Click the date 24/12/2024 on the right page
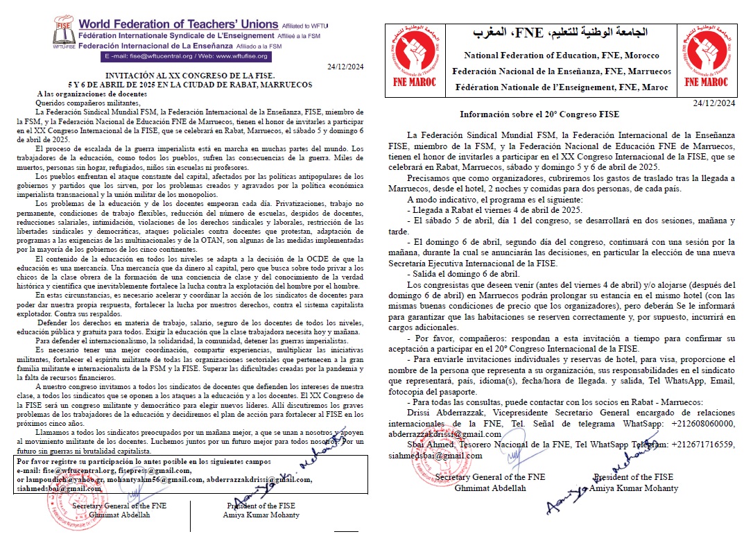[714, 103]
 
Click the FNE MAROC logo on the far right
[705, 58]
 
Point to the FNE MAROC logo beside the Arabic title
[415, 58]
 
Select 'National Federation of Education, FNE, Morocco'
[562, 55]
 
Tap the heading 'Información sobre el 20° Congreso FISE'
[539, 114]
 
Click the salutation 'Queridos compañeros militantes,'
[90, 102]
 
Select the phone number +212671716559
[701, 444]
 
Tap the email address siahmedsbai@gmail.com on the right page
[435, 455]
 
